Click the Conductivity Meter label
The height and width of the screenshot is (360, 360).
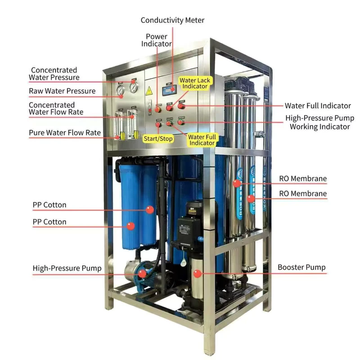[x=172, y=20]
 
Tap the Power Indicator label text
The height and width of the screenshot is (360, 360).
[x=156, y=40]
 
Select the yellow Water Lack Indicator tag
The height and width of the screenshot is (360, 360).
[x=195, y=83]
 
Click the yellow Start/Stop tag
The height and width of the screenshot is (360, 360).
[x=158, y=139]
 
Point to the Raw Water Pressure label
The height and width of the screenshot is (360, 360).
[x=62, y=91]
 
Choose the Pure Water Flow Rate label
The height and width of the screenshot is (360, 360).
[x=65, y=133]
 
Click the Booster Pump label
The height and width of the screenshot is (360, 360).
[x=301, y=267]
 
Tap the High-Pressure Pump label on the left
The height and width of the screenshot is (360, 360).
[x=67, y=268]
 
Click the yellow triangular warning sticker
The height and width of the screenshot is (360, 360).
[x=149, y=91]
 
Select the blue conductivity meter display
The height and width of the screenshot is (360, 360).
[x=170, y=90]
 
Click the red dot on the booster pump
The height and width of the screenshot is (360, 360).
[x=197, y=273]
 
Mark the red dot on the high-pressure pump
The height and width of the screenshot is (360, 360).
[x=142, y=274]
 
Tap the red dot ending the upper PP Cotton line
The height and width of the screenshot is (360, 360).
[x=150, y=210]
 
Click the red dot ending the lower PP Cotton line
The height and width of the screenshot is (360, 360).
[x=130, y=226]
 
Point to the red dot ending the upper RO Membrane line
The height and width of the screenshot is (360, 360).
[x=237, y=183]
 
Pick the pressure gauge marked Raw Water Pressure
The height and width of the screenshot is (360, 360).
[x=120, y=90]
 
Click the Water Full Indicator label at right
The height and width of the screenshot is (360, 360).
[x=318, y=106]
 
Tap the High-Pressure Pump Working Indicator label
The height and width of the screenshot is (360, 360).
[x=320, y=122]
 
